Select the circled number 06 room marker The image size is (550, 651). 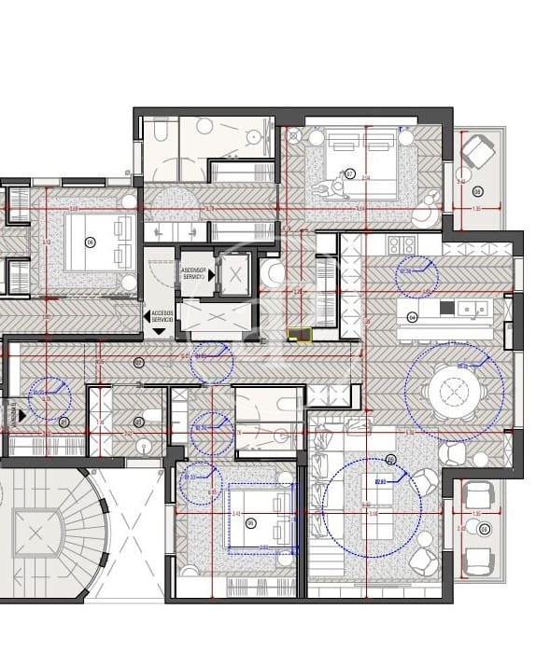pos(91,242)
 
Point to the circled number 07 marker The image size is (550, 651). pos(350,173)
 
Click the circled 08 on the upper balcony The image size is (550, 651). pos(477,192)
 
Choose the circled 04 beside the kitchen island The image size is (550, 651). pos(412,317)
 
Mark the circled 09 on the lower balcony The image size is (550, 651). pos(484,529)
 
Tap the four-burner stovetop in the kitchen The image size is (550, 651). pos(402,245)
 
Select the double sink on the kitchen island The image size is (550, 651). pos(470,308)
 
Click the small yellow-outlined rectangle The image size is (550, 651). pos(299,335)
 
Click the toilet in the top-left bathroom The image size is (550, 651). pos(158,131)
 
